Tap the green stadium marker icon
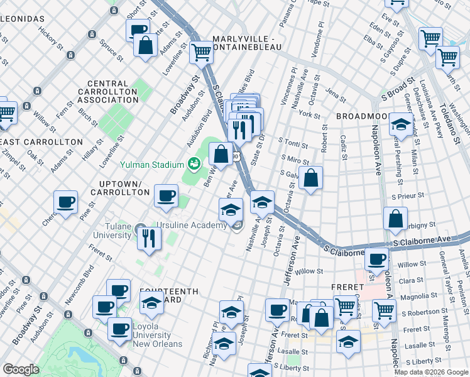pos(194,164)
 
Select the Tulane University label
pos(114,231)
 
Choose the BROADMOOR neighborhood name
pos(363,117)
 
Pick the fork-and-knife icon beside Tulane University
pos(150,238)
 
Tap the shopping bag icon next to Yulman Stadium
pos(221,153)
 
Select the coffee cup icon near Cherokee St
pos(65,202)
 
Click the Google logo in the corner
pos(21,369)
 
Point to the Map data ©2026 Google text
pos(431,372)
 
